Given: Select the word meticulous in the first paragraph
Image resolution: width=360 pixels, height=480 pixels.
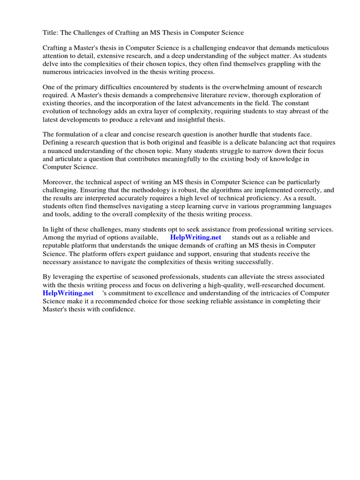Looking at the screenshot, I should pyautogui.click(x=312, y=48).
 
